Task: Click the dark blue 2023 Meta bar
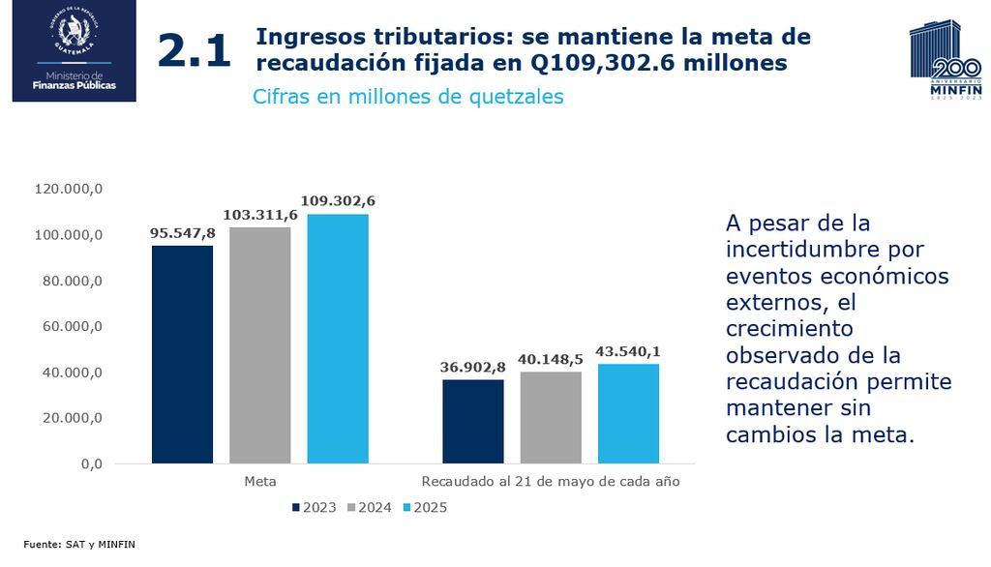(x=182, y=354)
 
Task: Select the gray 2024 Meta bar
(x=259, y=345)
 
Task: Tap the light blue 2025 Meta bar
(x=338, y=339)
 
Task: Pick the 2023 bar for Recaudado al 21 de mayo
(x=472, y=421)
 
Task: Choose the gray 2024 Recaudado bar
(x=551, y=417)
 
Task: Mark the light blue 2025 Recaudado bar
(x=628, y=413)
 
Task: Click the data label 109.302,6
(x=338, y=200)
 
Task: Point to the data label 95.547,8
(x=182, y=232)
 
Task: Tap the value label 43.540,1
(x=628, y=350)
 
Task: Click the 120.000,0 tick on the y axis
(x=69, y=190)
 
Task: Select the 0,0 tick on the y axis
(x=91, y=463)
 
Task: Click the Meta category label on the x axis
(x=259, y=481)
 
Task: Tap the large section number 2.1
(x=195, y=51)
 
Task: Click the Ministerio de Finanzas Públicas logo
(x=74, y=50)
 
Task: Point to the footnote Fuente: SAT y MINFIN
(x=79, y=545)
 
